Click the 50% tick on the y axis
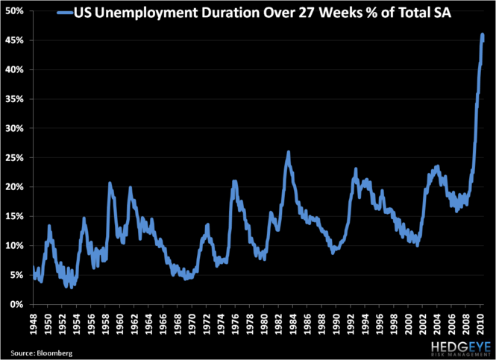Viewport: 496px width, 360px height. point(15,11)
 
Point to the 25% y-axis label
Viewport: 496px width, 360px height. point(15,158)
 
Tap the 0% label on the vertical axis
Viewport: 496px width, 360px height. point(18,304)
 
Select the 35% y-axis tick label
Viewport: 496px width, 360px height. point(15,99)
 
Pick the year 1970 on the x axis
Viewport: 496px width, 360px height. point(192,323)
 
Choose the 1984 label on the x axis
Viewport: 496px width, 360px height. point(292,323)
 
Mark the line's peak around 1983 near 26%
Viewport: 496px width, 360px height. point(288,153)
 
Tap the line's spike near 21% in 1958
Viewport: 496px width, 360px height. point(110,183)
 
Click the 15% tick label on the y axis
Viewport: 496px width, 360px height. point(15,216)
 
